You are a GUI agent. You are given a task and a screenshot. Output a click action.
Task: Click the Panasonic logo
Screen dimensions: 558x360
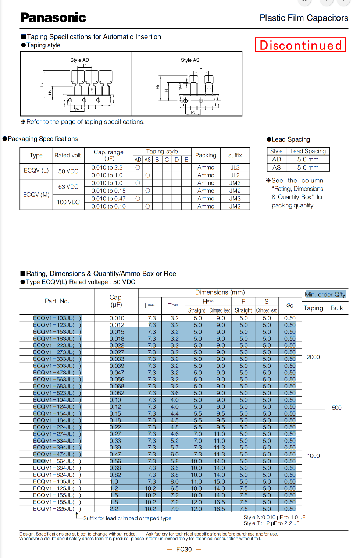53,17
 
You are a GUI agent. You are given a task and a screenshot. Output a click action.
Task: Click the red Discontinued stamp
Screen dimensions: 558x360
300,45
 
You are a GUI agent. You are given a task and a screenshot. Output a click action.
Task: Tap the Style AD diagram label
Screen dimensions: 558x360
79,60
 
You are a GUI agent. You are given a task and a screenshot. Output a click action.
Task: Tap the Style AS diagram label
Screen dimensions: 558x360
190,60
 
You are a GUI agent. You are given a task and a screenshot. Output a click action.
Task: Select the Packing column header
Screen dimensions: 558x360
206,155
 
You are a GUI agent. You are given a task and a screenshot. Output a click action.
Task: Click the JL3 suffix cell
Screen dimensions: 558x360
235,167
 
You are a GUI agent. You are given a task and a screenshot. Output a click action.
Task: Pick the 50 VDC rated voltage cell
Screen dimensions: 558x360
68,171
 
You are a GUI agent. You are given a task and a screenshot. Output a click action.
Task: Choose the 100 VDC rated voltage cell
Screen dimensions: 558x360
68,202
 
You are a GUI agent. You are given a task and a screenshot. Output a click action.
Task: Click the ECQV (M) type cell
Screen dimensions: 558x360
36,195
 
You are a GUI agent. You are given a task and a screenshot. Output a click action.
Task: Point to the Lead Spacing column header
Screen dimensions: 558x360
308,151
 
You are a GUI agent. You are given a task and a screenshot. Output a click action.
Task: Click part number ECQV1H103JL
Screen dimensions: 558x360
57,318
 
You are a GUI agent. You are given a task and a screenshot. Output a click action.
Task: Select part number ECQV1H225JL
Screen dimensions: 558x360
57,509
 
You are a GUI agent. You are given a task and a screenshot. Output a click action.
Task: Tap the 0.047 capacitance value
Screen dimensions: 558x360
117,373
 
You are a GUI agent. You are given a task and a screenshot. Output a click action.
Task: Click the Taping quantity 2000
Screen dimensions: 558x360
313,357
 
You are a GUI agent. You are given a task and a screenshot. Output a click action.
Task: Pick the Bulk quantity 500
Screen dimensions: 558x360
336,408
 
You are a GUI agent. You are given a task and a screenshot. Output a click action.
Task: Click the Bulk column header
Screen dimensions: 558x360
336,308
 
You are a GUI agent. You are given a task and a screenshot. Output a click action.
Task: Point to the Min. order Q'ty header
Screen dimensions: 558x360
325,294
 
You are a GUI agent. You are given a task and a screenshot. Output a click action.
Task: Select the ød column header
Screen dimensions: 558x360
290,305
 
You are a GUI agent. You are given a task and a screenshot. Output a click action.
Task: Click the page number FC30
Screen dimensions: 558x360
184,549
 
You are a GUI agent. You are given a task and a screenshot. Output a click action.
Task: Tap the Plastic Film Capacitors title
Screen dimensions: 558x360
304,18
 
